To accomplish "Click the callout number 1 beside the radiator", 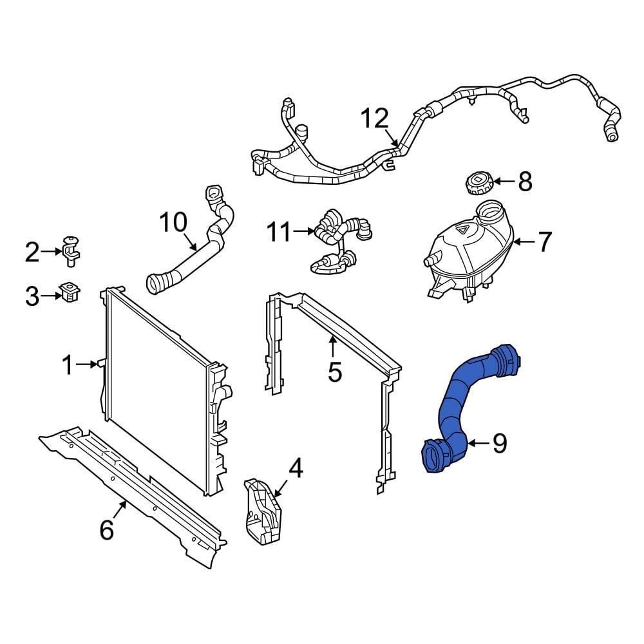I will point(68,366).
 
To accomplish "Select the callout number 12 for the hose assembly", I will point(374,119).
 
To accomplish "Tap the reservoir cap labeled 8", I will point(477,182).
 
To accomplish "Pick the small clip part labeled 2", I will point(71,251).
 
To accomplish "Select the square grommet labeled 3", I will point(70,293).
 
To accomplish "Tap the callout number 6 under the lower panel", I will point(107,530).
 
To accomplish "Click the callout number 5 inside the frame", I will point(334,372).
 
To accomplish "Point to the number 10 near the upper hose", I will point(173,223).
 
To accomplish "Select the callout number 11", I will point(279,232).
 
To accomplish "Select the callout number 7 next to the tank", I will point(544,242).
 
